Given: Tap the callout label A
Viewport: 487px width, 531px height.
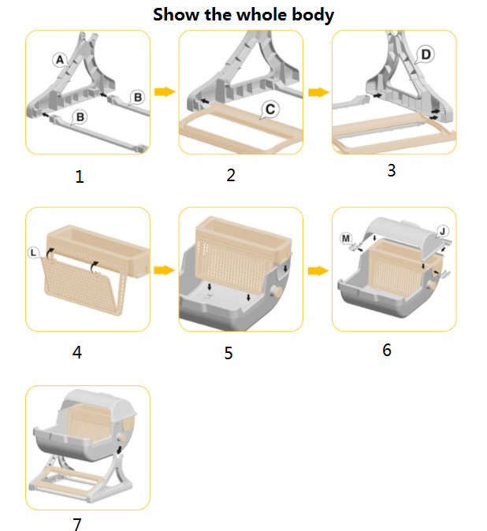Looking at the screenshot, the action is [60, 60].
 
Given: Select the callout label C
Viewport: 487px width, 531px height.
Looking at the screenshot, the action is [270, 110].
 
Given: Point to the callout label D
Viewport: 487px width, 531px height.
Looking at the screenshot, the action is [426, 54].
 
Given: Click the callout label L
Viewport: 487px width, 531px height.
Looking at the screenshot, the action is [34, 253].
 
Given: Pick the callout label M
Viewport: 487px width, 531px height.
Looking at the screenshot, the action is [346, 239].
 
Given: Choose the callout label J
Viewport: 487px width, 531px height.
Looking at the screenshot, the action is [442, 232].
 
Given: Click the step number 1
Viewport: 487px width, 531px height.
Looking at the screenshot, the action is [80, 176].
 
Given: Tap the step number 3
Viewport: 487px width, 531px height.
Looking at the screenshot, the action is [392, 170].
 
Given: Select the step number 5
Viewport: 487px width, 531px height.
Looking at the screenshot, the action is [229, 353].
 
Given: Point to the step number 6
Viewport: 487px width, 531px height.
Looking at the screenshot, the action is [387, 350].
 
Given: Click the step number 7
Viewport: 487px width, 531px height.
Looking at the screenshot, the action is [77, 524].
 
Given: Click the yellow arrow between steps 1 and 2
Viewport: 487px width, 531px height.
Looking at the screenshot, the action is [165, 91].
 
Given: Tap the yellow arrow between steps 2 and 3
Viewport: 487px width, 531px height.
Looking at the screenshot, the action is [318, 92].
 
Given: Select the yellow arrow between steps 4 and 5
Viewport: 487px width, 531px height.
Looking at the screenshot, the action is [164, 270].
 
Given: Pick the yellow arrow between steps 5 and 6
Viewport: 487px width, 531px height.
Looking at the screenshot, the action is [318, 271].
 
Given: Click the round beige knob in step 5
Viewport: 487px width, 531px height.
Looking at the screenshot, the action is [277, 291].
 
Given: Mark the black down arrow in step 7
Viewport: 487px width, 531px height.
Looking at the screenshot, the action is [119, 450].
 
